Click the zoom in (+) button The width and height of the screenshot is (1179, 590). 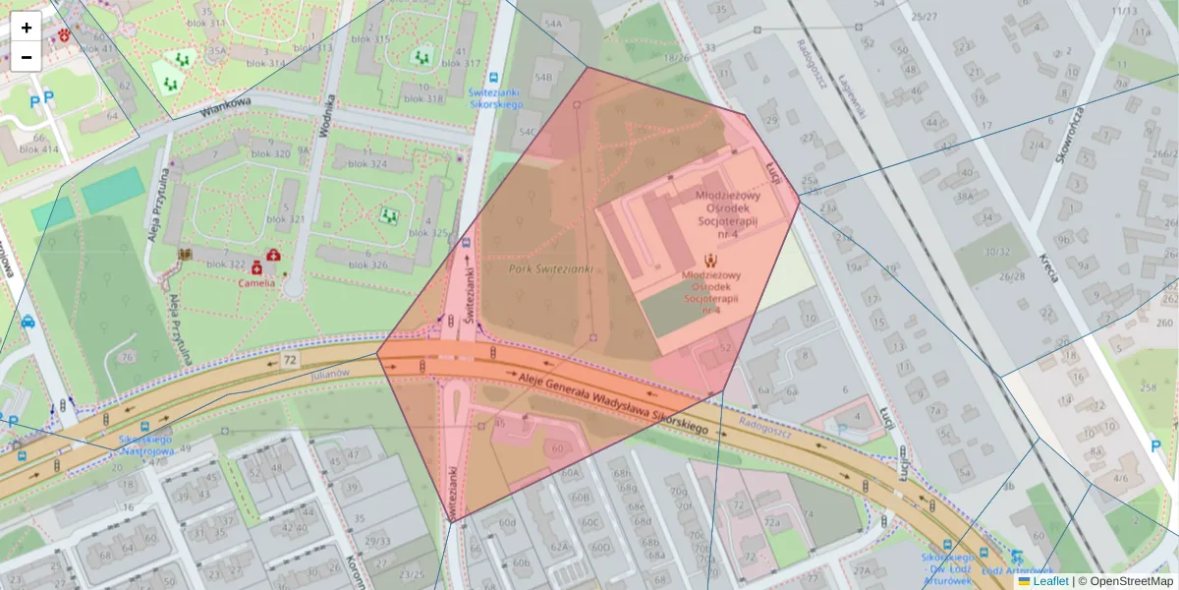point(27,28)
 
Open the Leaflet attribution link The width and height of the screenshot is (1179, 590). point(1050,581)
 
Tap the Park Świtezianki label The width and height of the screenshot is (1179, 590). point(550,268)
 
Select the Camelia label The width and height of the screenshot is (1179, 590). point(256,283)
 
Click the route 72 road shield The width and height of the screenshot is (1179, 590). point(289,361)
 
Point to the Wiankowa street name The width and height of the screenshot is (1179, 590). point(226,106)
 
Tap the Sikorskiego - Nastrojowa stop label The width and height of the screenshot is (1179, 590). point(147,444)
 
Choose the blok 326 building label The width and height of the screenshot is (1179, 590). point(366,265)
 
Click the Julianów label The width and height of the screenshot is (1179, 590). point(329,374)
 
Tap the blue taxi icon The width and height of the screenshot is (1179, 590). point(28,321)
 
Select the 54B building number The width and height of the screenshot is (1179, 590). point(543,76)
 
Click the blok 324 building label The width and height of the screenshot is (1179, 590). point(366,163)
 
